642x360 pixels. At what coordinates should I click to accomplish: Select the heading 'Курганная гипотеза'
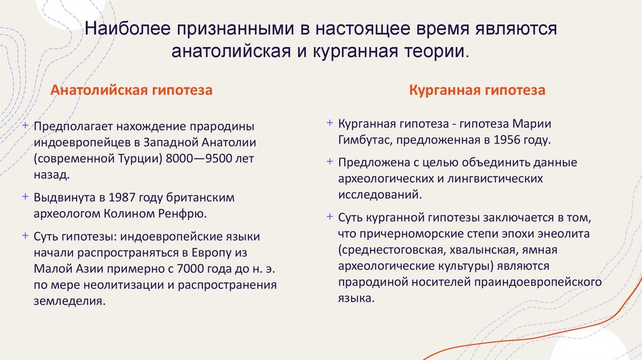(x=477, y=90)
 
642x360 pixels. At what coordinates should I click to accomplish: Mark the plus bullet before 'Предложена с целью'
(x=329, y=162)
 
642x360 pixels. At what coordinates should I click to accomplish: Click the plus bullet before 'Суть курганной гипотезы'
(x=329, y=216)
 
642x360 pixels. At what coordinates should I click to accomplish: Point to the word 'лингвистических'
(x=495, y=179)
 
